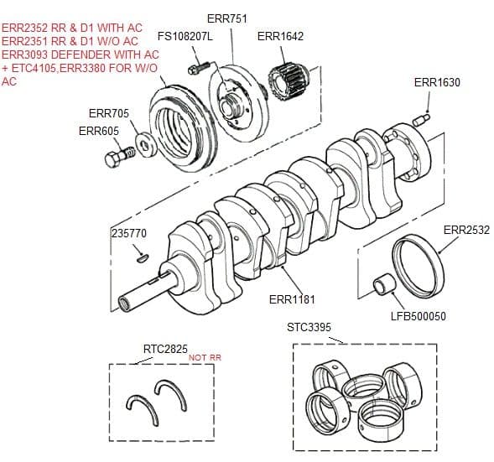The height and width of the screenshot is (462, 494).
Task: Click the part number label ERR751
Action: pyautogui.click(x=226, y=19)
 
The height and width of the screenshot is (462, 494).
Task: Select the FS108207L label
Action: pyautogui.click(x=185, y=38)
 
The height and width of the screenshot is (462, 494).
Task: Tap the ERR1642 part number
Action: pyautogui.click(x=280, y=36)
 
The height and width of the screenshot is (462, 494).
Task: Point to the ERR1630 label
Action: pyautogui.click(x=437, y=82)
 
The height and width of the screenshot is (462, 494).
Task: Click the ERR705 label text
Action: pyautogui.click(x=108, y=113)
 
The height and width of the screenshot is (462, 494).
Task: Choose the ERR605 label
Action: pyautogui.click(x=98, y=131)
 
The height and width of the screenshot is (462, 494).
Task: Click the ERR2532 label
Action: pyautogui.click(x=465, y=230)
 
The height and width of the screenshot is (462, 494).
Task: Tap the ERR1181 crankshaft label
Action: pyautogui.click(x=292, y=299)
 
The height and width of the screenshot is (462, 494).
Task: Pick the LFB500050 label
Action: pyautogui.click(x=419, y=316)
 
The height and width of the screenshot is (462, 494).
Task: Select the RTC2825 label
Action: pyautogui.click(x=164, y=348)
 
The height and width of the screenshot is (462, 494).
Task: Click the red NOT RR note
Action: pyautogui.click(x=205, y=357)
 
